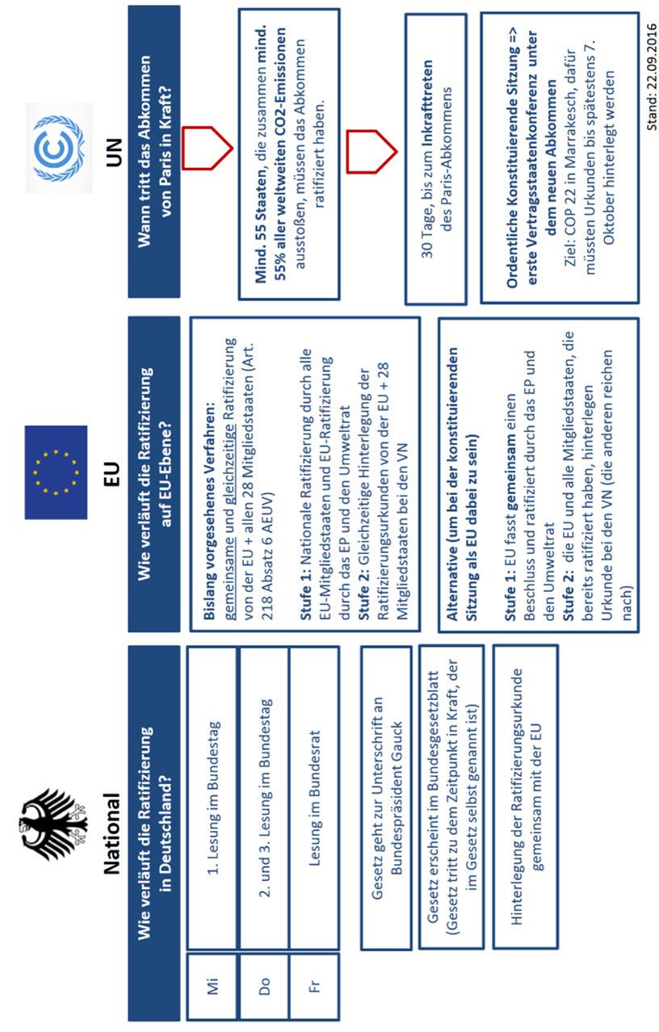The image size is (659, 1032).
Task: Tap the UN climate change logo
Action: tap(59, 136)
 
